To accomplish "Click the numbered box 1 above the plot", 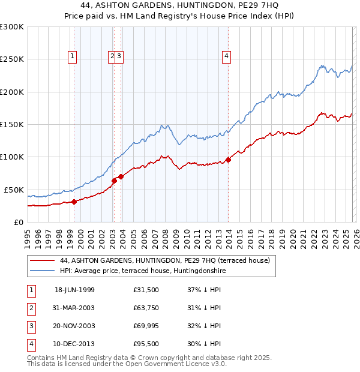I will pos(73,57).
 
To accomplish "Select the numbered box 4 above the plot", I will pos(226,57).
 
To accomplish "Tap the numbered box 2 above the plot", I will pos(112,57).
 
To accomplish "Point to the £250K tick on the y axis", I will pos(12,59).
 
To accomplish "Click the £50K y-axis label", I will pos(14,190).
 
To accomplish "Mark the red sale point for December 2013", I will pos(229,160).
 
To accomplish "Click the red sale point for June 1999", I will pos(74,202).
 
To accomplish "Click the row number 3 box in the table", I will pos(30,326).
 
